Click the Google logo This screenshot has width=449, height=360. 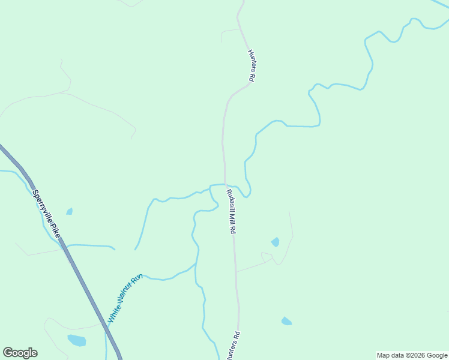click(20, 353)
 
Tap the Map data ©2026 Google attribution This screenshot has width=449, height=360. click(412, 355)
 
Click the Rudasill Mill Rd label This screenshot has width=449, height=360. click(231, 211)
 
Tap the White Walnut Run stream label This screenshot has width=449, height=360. click(124, 299)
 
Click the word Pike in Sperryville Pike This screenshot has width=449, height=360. click(55, 230)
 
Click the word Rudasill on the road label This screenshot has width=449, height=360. click(229, 200)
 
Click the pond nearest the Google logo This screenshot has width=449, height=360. click(76, 340)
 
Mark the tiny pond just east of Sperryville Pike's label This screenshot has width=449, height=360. click(70, 211)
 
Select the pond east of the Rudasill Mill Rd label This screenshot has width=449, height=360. click(276, 242)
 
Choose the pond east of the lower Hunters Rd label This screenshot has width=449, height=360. click(286, 321)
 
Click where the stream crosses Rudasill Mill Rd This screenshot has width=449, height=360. click(225, 184)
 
